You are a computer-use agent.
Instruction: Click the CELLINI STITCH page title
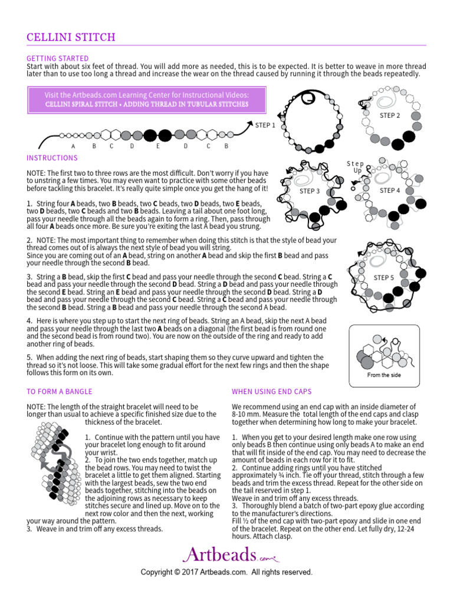click(x=71, y=38)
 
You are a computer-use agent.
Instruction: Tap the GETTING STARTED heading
click(x=58, y=58)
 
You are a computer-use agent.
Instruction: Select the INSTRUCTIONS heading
click(x=52, y=158)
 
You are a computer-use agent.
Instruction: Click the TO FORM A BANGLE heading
click(x=60, y=391)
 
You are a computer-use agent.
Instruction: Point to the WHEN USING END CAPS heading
click(x=272, y=391)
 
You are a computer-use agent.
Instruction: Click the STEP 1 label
click(x=265, y=125)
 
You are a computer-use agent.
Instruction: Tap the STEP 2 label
click(x=390, y=116)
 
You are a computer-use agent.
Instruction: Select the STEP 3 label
click(x=310, y=191)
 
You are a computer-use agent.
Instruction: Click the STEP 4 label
click(x=390, y=191)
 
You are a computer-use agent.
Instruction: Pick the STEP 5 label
click(x=384, y=278)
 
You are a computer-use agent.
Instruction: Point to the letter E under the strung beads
click(x=158, y=146)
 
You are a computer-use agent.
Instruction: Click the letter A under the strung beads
click(x=73, y=146)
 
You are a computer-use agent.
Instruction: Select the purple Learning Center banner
click(x=147, y=99)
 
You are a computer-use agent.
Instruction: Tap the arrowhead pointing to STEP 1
click(x=248, y=123)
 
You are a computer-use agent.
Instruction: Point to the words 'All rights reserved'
click(x=282, y=572)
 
